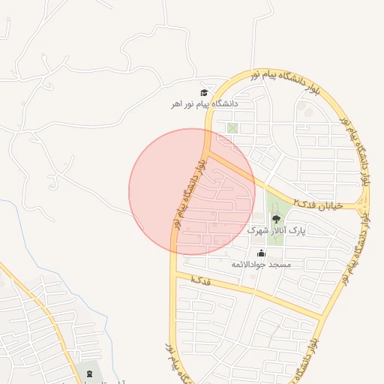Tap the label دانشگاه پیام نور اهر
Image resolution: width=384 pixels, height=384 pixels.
point(204,104)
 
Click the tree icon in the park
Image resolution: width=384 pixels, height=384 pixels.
point(276,219)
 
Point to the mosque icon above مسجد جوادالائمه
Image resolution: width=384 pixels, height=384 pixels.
point(261,253)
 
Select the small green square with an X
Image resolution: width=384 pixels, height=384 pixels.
point(232,128)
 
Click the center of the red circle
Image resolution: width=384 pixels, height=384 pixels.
point(192,192)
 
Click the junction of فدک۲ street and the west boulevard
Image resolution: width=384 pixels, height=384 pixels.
point(208,153)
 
